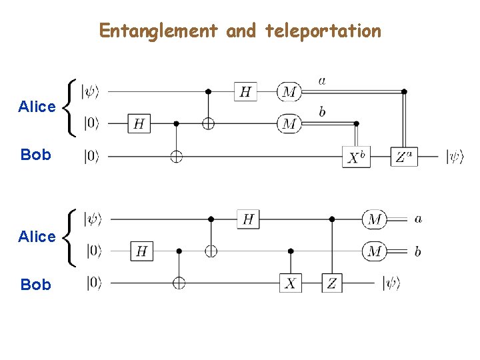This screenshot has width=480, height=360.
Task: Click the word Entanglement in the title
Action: [x=159, y=31]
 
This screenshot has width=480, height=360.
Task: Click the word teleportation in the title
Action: [x=323, y=31]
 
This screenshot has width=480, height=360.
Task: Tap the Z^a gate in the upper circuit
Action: [x=404, y=157]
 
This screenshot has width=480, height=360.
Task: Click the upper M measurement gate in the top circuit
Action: [x=289, y=91]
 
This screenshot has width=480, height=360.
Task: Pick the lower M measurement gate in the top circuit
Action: [x=289, y=123]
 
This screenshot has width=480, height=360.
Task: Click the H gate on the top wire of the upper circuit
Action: [x=245, y=91]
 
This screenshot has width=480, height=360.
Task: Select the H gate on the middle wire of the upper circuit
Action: [x=139, y=123]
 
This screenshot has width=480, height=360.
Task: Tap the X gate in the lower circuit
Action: [x=290, y=283]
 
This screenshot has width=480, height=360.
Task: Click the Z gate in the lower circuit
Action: [x=331, y=283]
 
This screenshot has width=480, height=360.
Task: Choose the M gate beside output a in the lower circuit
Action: [x=375, y=219]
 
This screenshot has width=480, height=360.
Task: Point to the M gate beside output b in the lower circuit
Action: [x=375, y=251]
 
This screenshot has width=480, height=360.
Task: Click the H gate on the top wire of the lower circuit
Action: [x=248, y=219]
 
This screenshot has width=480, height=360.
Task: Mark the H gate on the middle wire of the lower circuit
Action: [x=141, y=251]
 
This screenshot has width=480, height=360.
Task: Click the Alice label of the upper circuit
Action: [x=37, y=107]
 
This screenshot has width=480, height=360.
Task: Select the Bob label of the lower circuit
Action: [x=35, y=285]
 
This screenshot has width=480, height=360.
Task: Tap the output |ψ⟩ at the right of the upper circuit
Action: [x=455, y=157]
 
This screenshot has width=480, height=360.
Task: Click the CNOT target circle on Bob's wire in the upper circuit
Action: [x=177, y=157]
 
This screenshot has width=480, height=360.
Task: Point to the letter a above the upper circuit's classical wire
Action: [x=322, y=81]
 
